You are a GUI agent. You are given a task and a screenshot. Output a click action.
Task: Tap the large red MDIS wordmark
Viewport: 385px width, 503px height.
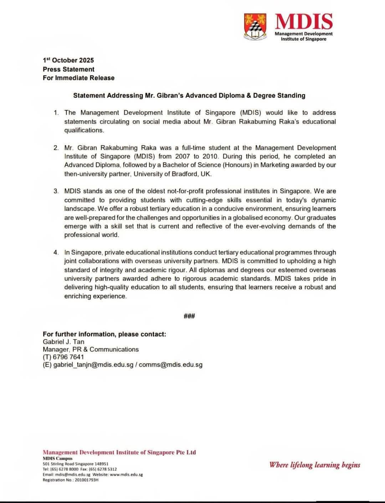(304, 21)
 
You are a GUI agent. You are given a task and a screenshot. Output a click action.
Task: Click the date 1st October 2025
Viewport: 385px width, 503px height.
(68, 60)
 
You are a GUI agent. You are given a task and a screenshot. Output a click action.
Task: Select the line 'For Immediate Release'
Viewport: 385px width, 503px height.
(78, 78)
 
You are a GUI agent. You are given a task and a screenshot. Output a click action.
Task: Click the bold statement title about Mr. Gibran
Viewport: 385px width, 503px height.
(189, 96)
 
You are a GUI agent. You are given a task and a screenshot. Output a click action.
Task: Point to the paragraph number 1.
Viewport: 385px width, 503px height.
(56, 113)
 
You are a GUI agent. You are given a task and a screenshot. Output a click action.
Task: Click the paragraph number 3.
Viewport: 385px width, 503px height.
(56, 191)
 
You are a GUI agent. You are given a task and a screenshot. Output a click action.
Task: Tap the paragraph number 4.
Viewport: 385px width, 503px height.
(56, 252)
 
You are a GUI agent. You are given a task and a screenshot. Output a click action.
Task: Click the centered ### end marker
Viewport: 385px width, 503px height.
(189, 316)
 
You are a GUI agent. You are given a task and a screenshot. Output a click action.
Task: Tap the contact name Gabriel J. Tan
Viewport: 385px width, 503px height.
(63, 342)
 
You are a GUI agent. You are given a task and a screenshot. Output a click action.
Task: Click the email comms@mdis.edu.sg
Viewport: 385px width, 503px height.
(171, 365)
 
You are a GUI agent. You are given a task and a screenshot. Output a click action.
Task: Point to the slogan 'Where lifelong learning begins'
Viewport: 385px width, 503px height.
(315, 465)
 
